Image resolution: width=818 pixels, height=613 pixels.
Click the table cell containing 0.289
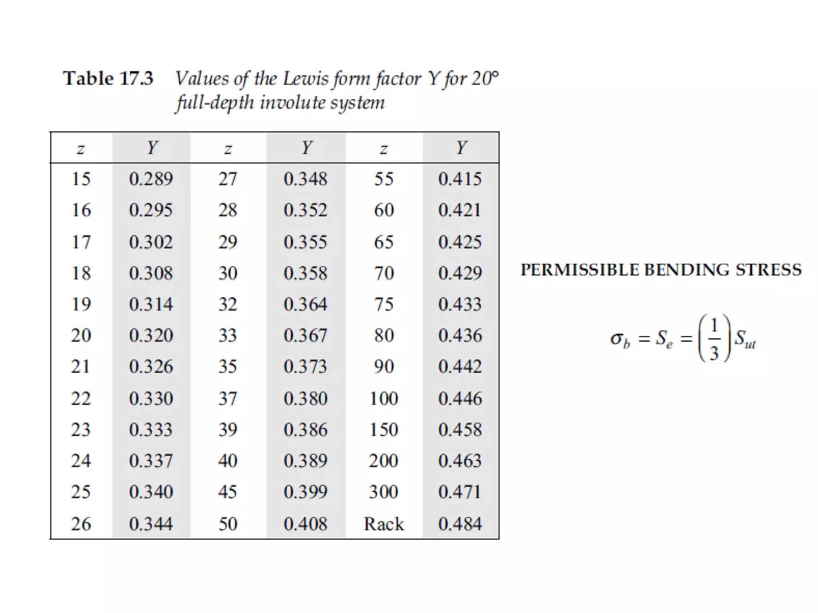click(151, 179)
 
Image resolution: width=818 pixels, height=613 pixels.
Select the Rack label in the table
click(383, 524)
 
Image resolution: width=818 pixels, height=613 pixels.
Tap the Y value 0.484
click(460, 524)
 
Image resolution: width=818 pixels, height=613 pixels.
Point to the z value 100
click(383, 398)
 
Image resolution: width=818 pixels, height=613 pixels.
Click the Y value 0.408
click(306, 524)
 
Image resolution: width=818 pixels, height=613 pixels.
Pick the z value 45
click(228, 492)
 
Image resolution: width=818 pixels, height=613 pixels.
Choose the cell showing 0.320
click(151, 335)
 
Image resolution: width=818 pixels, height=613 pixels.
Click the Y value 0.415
click(460, 179)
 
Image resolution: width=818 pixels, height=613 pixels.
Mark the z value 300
click(383, 492)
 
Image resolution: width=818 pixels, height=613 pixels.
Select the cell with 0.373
click(306, 366)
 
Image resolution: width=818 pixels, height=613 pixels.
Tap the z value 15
click(81, 179)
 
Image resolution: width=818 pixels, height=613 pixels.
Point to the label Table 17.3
click(108, 78)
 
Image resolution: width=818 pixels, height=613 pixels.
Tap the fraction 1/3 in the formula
click(714, 338)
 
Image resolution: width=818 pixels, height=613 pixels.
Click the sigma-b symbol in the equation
click(620, 340)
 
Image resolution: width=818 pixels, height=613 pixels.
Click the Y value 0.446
click(460, 398)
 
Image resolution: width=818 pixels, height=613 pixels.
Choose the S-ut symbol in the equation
click(745, 340)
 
